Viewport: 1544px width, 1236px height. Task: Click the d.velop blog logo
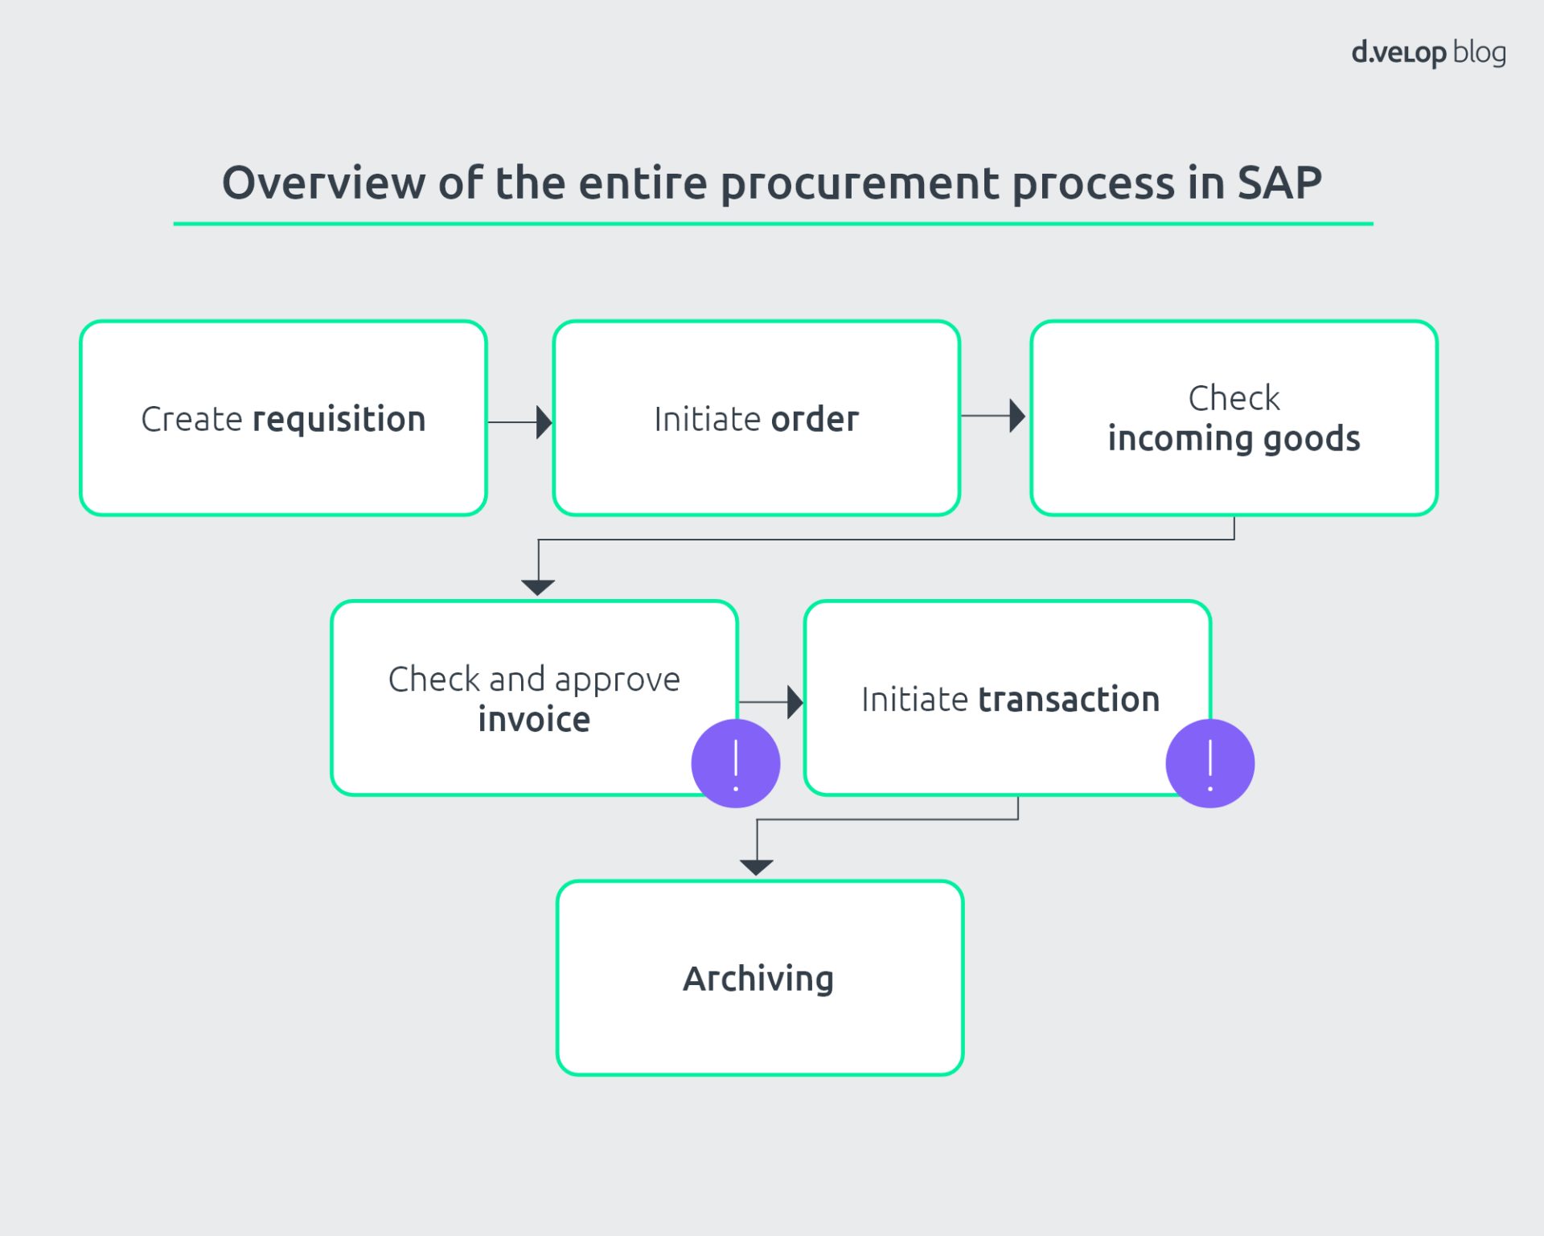1428,53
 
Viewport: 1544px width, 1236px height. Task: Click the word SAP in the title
1279,183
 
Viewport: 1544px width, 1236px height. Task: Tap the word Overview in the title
323,183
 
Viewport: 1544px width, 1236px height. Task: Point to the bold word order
815,420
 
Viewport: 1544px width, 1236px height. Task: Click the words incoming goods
1234,439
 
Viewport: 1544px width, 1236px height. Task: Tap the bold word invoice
534,720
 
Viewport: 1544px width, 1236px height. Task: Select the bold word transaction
1069,700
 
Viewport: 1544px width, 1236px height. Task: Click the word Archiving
758,979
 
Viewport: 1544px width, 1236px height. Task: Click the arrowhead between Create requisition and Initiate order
544,422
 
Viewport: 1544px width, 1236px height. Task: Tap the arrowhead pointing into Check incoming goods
1017,416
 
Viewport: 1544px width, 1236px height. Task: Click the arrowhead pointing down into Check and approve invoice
538,587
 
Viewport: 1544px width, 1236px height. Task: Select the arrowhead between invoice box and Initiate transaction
795,702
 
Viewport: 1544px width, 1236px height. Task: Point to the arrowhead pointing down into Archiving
757,867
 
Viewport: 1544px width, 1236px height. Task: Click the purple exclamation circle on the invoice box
736,763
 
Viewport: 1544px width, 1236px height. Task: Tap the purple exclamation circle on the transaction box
1209,763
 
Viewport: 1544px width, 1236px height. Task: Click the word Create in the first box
191,420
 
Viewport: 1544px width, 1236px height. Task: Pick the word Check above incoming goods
1234,398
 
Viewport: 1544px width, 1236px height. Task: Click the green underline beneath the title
772,224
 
